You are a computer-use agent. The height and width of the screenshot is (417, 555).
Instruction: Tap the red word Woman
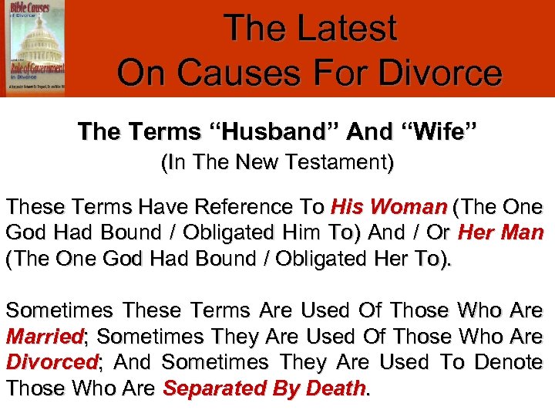click(x=409, y=208)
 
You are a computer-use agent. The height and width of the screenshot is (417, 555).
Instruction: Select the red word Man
click(x=525, y=233)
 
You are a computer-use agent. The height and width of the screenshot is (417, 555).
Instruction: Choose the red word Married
click(x=44, y=337)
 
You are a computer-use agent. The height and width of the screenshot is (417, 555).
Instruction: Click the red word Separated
click(x=210, y=388)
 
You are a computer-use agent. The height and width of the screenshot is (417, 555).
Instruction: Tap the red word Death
click(x=334, y=388)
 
